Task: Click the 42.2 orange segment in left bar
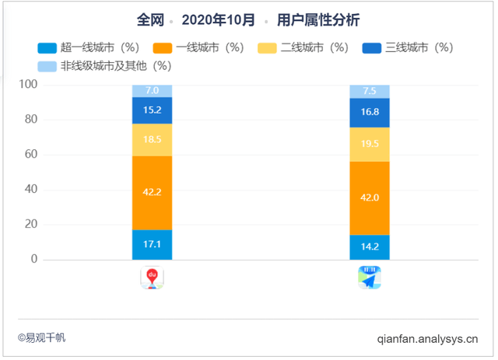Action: coord(152,193)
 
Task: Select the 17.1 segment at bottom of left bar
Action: coord(152,244)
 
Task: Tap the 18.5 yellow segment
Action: coord(152,140)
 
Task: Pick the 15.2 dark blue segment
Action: coord(152,110)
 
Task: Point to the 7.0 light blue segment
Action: coord(152,91)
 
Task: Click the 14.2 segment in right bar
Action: coord(370,247)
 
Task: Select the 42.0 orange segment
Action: coord(370,197)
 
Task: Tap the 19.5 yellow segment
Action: coord(370,143)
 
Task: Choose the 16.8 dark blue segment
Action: coord(370,112)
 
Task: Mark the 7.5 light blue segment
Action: coord(370,91)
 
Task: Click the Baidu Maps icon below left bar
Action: coord(152,277)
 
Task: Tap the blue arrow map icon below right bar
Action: coord(370,277)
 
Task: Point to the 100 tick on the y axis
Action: coord(28,85)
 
